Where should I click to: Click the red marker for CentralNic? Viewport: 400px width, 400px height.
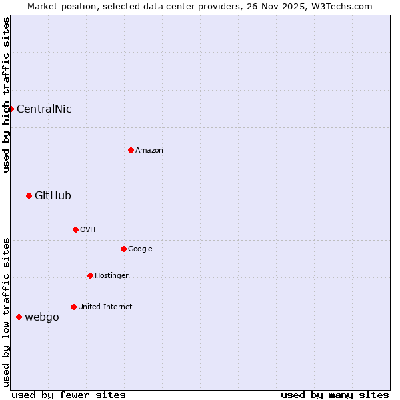point(11,109)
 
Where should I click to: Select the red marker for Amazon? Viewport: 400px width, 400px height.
point(131,150)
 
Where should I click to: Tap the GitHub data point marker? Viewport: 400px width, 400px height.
point(29,195)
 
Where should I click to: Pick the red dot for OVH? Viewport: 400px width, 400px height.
point(75,229)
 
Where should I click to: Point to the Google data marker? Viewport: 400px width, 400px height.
point(123,249)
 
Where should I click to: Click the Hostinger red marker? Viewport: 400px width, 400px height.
point(90,275)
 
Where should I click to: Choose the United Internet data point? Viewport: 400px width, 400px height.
point(73,307)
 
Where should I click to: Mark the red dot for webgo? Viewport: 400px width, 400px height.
point(19,317)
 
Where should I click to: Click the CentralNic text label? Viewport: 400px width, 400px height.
point(44,109)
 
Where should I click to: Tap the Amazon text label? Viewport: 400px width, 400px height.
point(149,151)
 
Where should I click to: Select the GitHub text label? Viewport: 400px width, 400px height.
point(53,196)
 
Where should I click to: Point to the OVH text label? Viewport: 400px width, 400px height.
point(88,230)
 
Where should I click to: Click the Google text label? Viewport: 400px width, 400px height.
point(140,249)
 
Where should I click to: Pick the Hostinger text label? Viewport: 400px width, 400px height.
point(111,276)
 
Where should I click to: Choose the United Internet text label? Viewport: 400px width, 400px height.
point(105,307)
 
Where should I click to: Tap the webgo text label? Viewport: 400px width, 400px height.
point(41,317)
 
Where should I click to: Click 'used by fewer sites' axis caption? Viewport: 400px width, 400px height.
point(69,395)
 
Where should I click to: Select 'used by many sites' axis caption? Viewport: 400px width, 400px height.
point(335,395)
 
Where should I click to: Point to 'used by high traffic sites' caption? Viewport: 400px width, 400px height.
point(6,95)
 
